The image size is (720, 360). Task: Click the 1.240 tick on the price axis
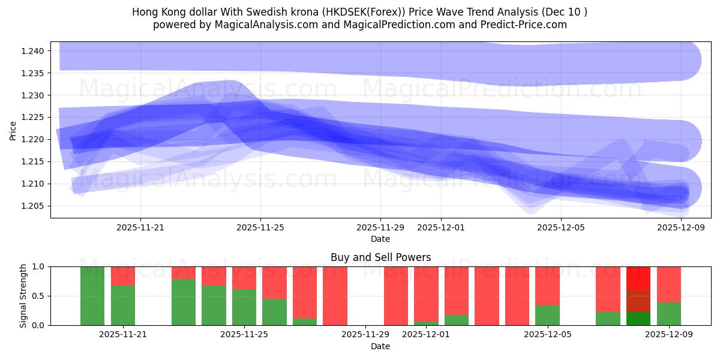click(x=34, y=51)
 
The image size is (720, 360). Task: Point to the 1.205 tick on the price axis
click(x=34, y=206)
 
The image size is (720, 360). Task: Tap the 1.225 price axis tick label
click(x=34, y=118)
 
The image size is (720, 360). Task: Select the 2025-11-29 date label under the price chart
click(x=380, y=228)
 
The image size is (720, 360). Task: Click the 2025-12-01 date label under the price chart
click(x=440, y=228)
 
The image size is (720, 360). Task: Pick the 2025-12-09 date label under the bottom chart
click(x=669, y=335)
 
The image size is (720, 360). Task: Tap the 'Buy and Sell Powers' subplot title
click(x=380, y=257)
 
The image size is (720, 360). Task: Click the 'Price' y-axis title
click(x=13, y=130)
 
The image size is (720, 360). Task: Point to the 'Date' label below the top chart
click(x=380, y=239)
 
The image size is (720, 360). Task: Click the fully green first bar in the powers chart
click(x=92, y=296)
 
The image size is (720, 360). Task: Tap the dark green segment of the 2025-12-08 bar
click(x=638, y=319)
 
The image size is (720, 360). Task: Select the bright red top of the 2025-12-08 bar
click(x=638, y=277)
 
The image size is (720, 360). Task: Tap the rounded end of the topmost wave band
click(x=684, y=60)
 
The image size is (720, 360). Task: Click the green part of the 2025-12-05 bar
click(x=547, y=316)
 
